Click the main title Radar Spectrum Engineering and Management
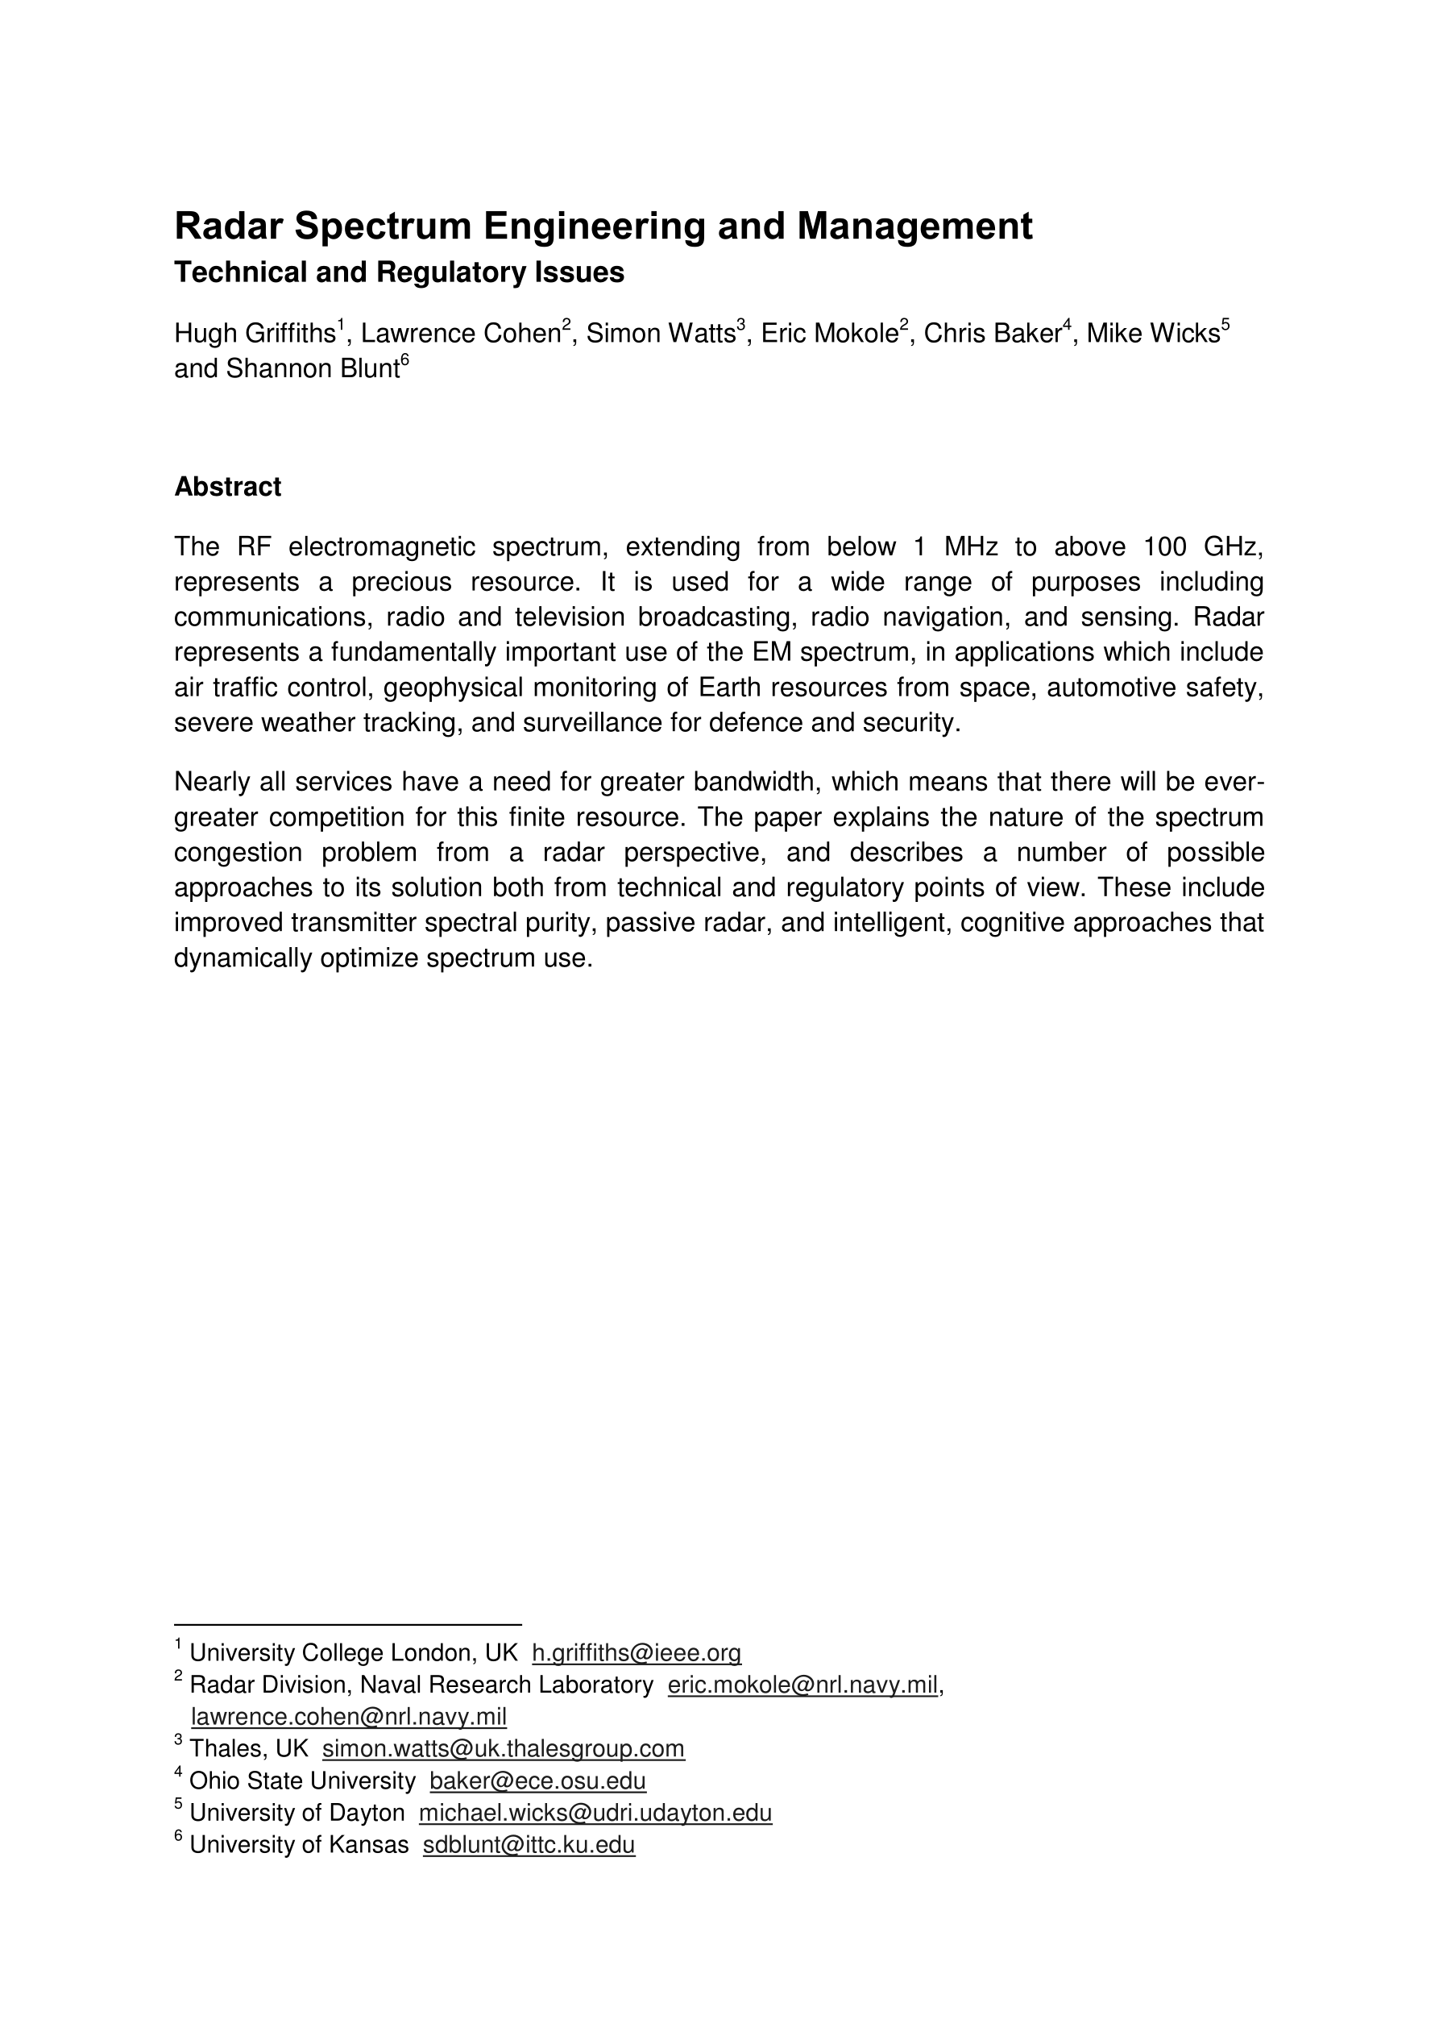click(x=603, y=226)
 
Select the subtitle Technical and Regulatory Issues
click(x=399, y=272)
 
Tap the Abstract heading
click(x=227, y=487)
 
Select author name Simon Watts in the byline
click(x=661, y=334)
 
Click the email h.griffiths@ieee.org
click(x=636, y=1653)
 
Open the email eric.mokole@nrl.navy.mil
click(x=802, y=1685)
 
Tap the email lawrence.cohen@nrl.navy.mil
click(x=348, y=1717)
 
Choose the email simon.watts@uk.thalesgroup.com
click(x=503, y=1749)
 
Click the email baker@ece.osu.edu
click(x=537, y=1780)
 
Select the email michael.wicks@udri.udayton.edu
click(x=595, y=1813)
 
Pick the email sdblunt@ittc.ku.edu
click(x=529, y=1844)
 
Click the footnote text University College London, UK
click(x=353, y=1653)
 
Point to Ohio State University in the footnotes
click(x=301, y=1780)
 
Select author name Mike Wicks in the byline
click(x=1153, y=334)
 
